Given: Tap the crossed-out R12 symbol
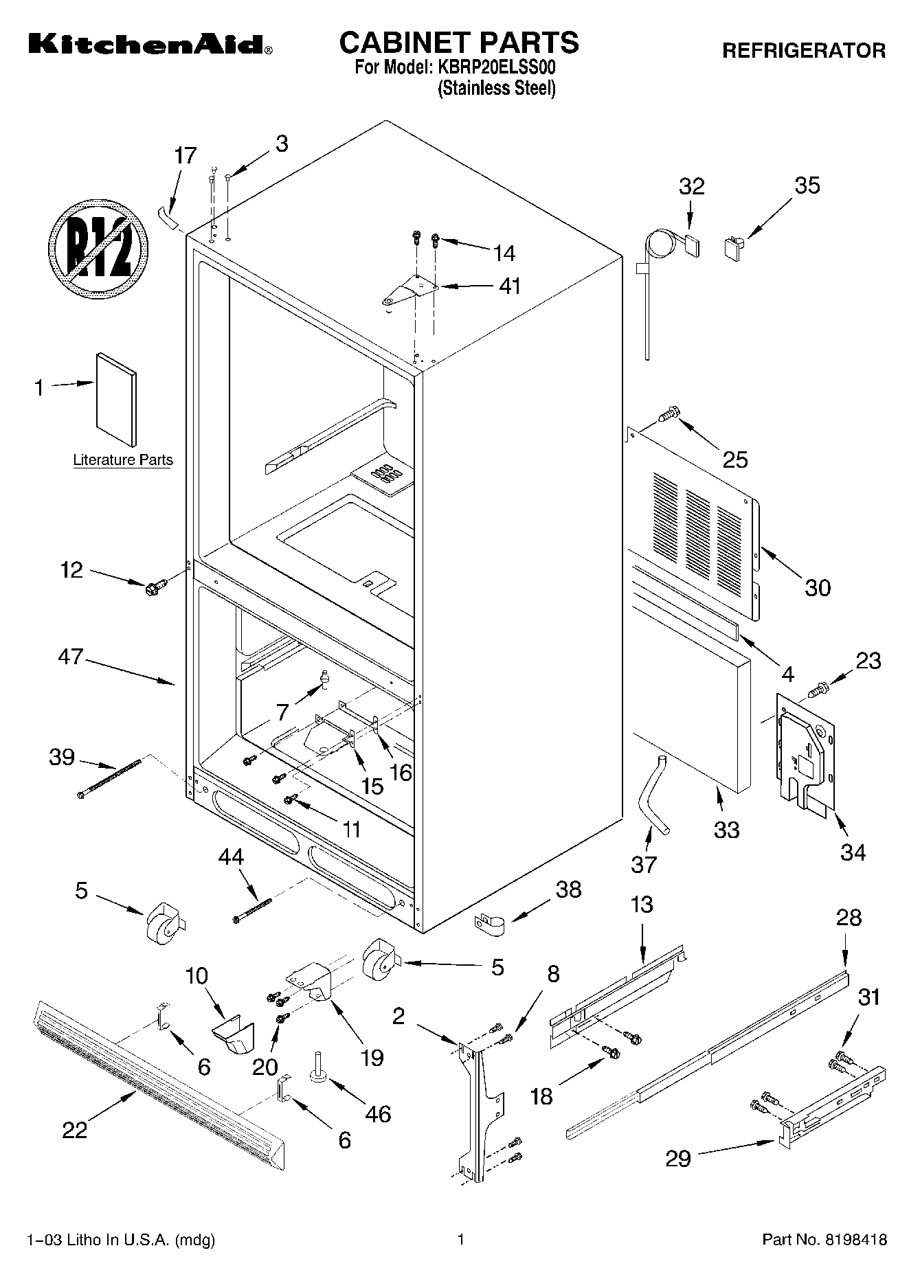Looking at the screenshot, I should pyautogui.click(x=99, y=249).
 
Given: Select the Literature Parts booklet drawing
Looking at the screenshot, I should pyautogui.click(x=116, y=399).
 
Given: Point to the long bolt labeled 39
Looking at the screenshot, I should pyautogui.click(x=110, y=778).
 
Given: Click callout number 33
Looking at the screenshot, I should pyautogui.click(x=726, y=829).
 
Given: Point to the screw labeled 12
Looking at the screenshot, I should pyautogui.click(x=153, y=587).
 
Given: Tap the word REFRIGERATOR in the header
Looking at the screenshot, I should pyautogui.click(x=803, y=50).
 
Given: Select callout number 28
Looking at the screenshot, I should pyautogui.click(x=849, y=918).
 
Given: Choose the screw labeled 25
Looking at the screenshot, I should pyautogui.click(x=668, y=414).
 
